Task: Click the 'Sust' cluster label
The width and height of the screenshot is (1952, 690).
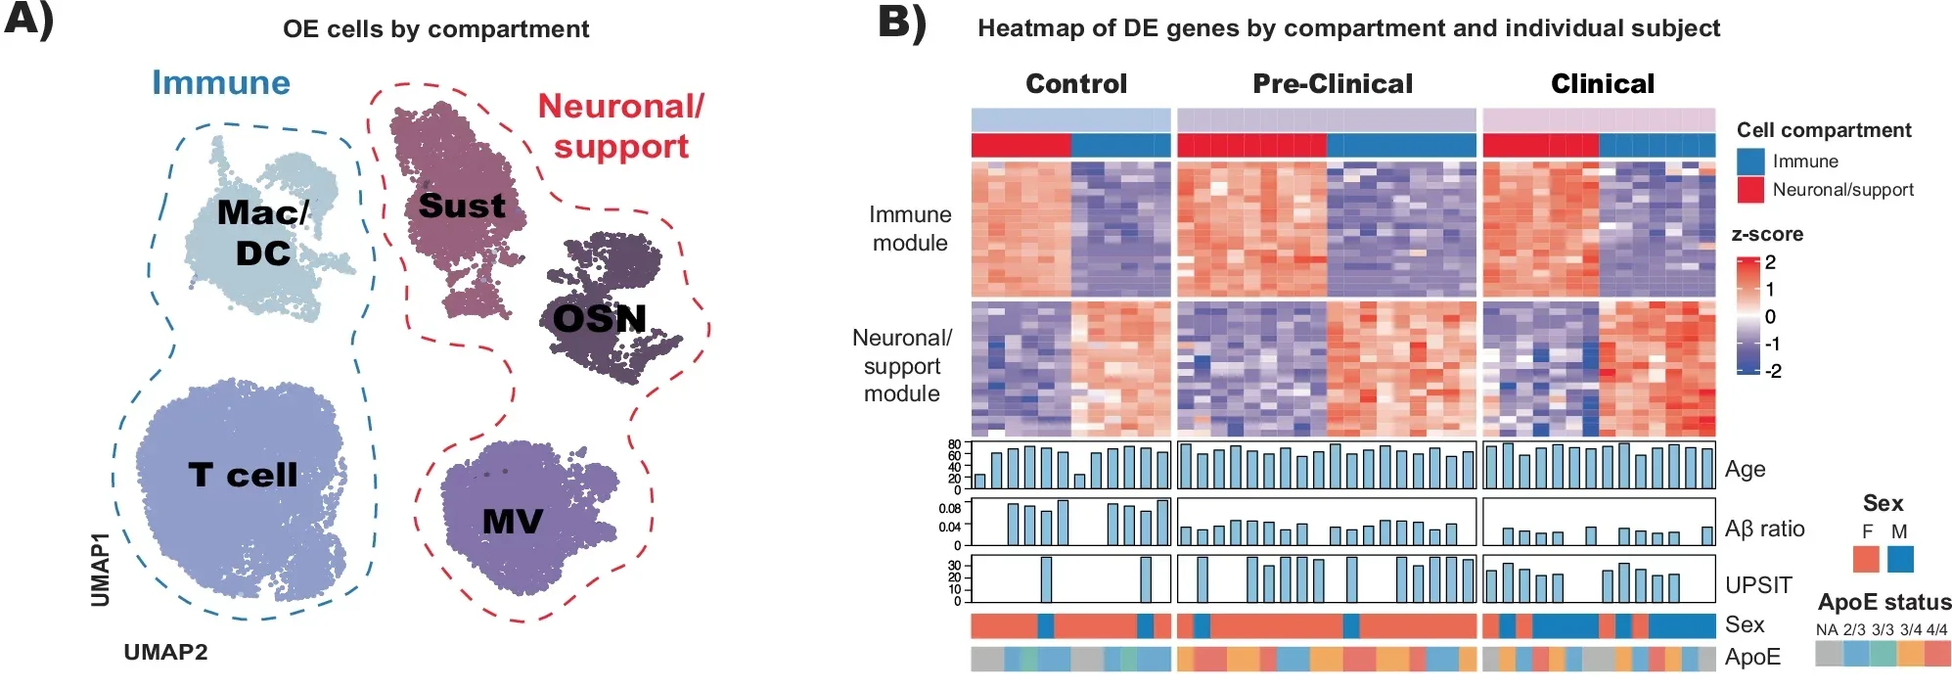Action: point(462,206)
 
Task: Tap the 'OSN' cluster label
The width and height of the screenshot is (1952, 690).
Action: point(600,318)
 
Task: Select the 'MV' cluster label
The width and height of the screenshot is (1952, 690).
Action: point(512,522)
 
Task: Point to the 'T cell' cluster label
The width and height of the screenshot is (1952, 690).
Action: point(243,475)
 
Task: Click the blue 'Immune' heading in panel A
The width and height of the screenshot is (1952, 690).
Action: point(221,82)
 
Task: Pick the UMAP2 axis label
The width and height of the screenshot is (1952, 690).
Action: point(165,653)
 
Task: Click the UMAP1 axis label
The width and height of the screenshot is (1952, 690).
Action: point(101,570)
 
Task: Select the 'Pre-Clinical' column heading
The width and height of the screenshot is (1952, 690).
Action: point(1333,84)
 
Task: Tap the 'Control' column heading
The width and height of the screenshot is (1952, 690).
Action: point(1076,84)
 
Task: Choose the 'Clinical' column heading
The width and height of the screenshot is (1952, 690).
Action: point(1603,84)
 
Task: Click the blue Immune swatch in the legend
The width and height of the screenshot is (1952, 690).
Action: point(1750,161)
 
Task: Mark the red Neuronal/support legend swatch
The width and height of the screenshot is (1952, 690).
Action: point(1750,190)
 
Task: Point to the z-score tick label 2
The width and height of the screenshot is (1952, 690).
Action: point(1770,262)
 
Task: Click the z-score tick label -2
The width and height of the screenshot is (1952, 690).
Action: point(1772,371)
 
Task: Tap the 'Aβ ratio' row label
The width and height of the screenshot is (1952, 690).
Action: point(1764,529)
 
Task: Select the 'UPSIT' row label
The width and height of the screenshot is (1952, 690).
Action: point(1758,585)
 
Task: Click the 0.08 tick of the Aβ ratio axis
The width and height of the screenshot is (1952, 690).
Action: point(949,508)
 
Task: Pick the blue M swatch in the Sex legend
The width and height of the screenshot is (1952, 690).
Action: point(1900,559)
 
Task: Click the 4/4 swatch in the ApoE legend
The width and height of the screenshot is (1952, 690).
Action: point(1937,653)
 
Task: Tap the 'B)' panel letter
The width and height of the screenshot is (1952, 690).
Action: point(901,23)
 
